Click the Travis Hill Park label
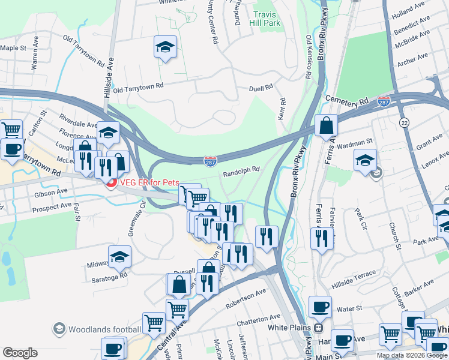tap(267, 18)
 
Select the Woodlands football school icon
tap(59, 329)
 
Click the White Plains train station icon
tap(318, 328)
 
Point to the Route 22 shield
tap(404, 122)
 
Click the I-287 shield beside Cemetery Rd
tap(384, 101)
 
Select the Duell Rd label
tap(261, 88)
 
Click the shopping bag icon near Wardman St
tap(327, 126)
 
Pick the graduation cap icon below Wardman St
tap(365, 161)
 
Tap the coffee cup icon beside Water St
tap(320, 307)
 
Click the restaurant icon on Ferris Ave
tap(322, 239)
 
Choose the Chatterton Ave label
tap(259, 317)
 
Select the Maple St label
tap(14, 47)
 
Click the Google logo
tap(20, 353)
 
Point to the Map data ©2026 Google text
tap(411, 355)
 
